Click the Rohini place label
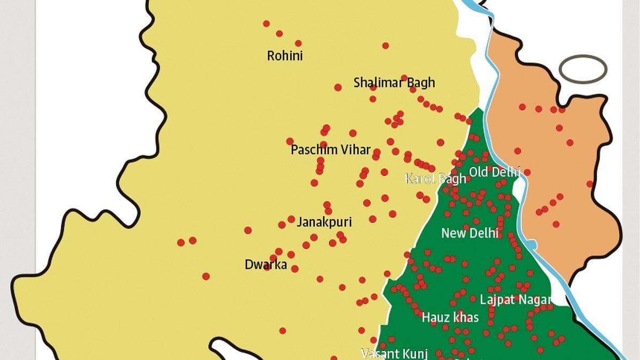click(x=285, y=56)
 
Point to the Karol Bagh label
click(x=435, y=179)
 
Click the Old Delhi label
click(x=494, y=172)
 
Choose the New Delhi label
click(x=470, y=233)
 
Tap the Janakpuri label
click(x=324, y=222)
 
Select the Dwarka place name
click(x=266, y=265)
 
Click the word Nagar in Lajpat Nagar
click(x=532, y=300)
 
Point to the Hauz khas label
click(x=450, y=318)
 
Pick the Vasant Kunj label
click(x=387, y=353)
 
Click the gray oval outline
click(x=583, y=69)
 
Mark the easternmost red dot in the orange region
click(x=590, y=184)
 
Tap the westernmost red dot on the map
click(x=181, y=243)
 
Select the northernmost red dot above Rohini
click(x=266, y=23)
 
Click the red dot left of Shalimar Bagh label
click(x=338, y=87)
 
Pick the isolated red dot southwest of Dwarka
click(x=206, y=276)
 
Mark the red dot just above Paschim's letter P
click(x=290, y=141)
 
